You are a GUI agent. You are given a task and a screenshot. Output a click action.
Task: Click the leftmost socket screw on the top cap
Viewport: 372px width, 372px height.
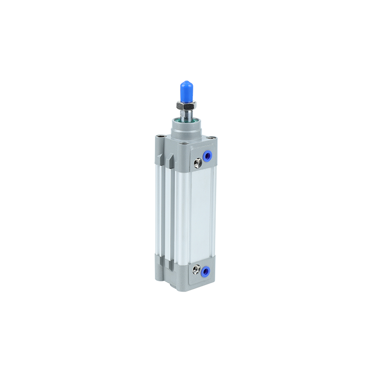[160, 137]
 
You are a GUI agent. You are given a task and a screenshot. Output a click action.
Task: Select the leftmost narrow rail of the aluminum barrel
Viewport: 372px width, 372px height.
[158, 209]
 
